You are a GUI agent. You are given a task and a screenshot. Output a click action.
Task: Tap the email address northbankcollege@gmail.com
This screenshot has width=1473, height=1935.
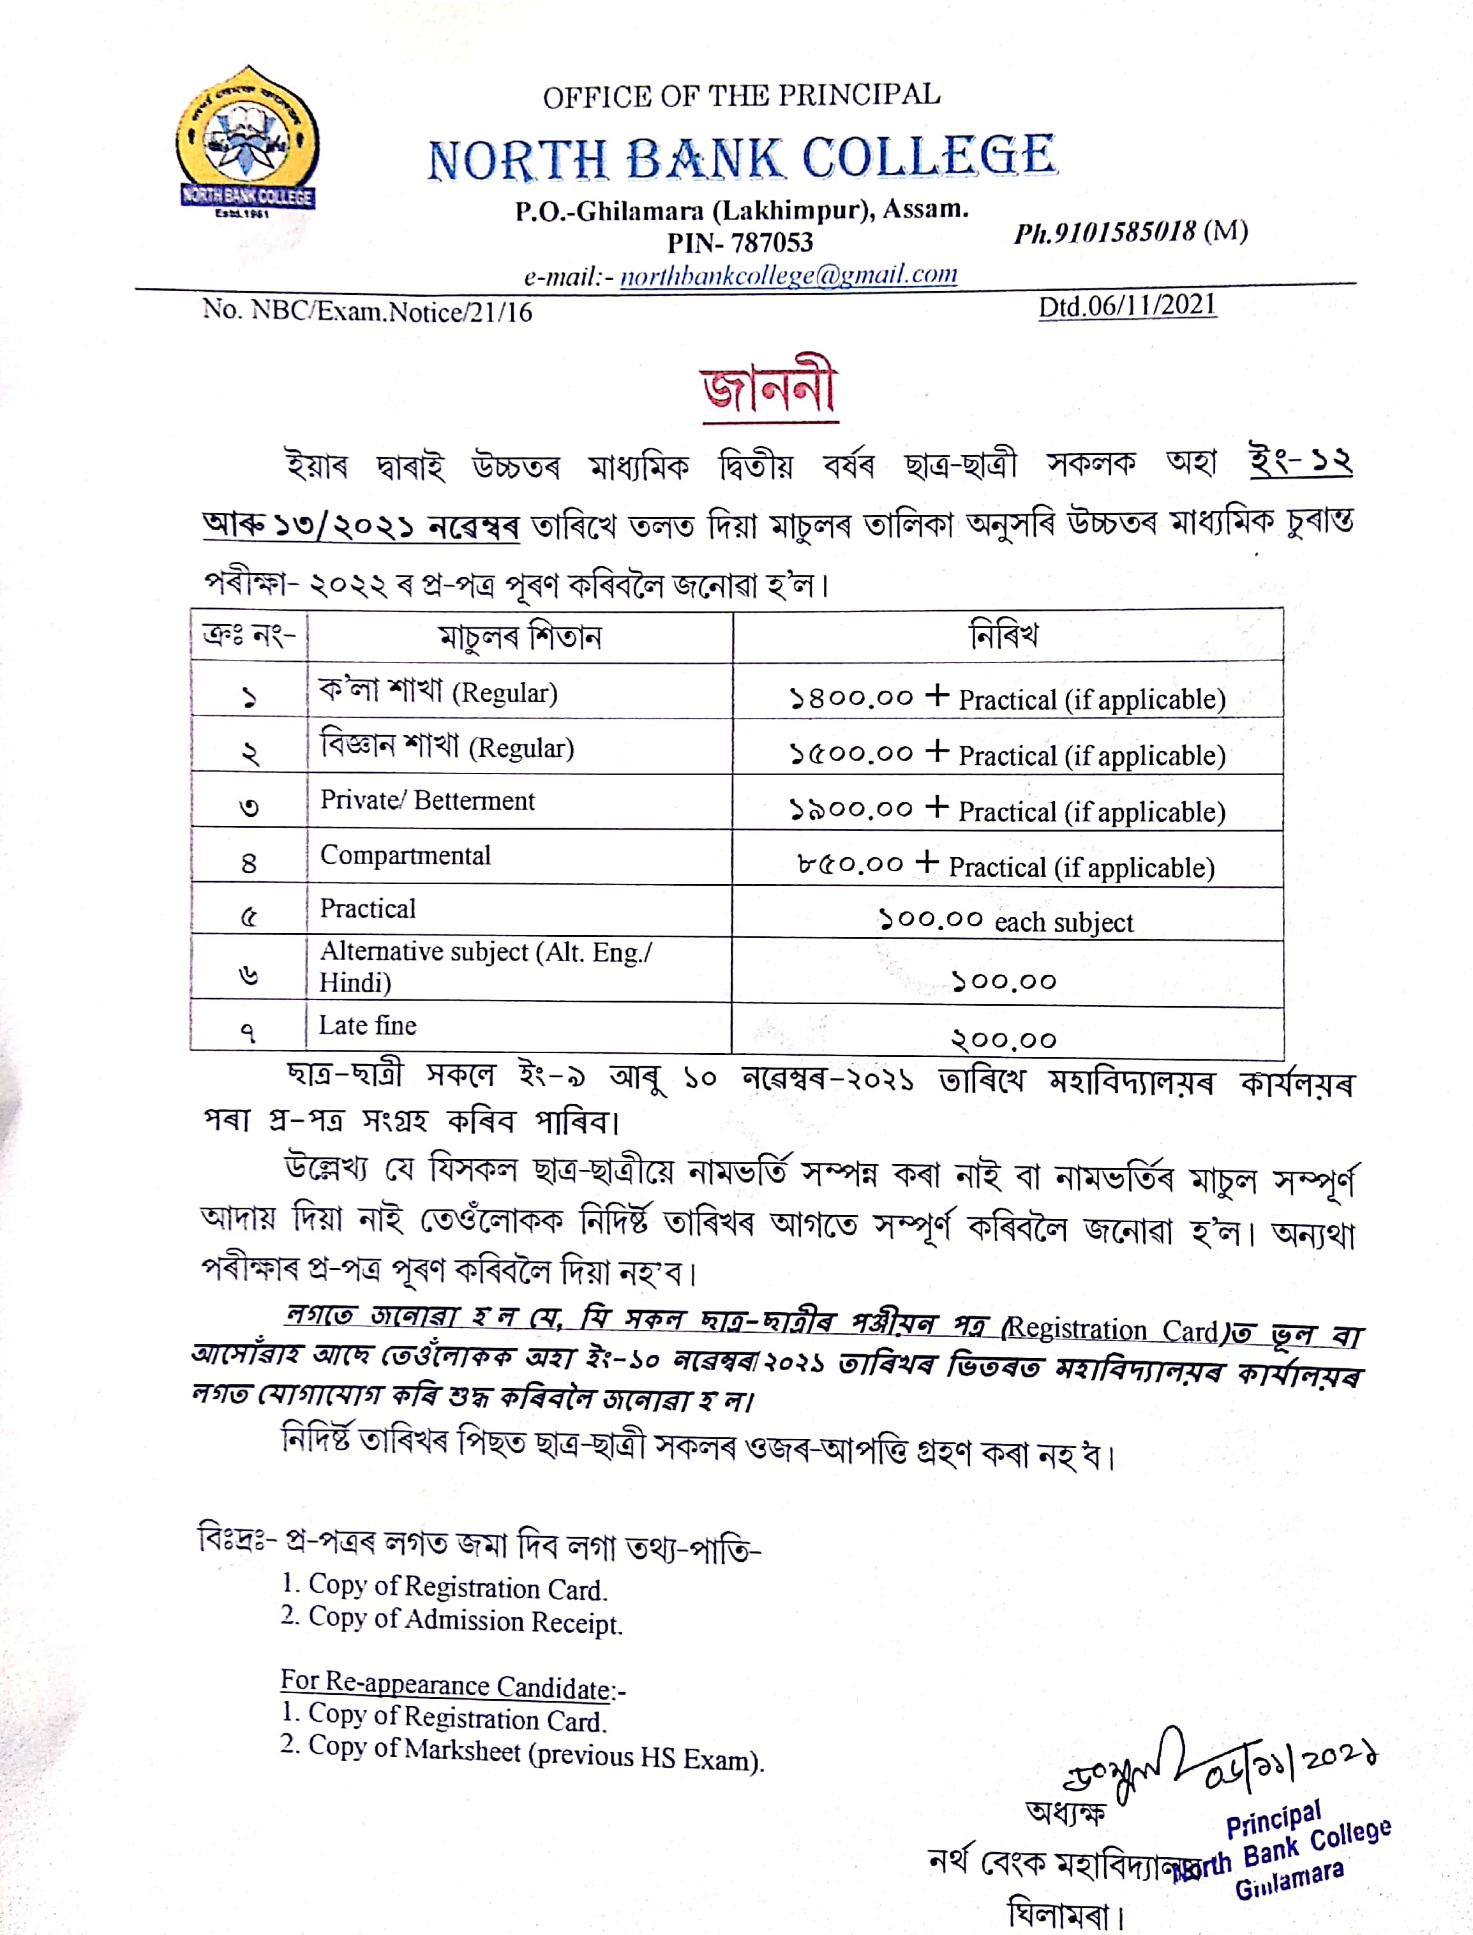pyautogui.click(x=788, y=275)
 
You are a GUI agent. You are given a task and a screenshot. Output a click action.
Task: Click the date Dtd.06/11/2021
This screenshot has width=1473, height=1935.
pyautogui.click(x=1126, y=306)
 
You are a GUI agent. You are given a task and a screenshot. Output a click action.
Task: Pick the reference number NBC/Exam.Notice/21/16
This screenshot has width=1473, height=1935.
pyautogui.click(x=391, y=311)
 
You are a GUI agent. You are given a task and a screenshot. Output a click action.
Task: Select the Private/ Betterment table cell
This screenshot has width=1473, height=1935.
pyautogui.click(x=427, y=800)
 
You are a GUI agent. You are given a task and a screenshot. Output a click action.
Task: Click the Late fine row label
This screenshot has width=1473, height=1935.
pyautogui.click(x=368, y=1025)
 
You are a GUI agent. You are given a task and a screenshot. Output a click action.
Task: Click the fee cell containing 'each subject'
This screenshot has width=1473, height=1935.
pyautogui.click(x=1006, y=921)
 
